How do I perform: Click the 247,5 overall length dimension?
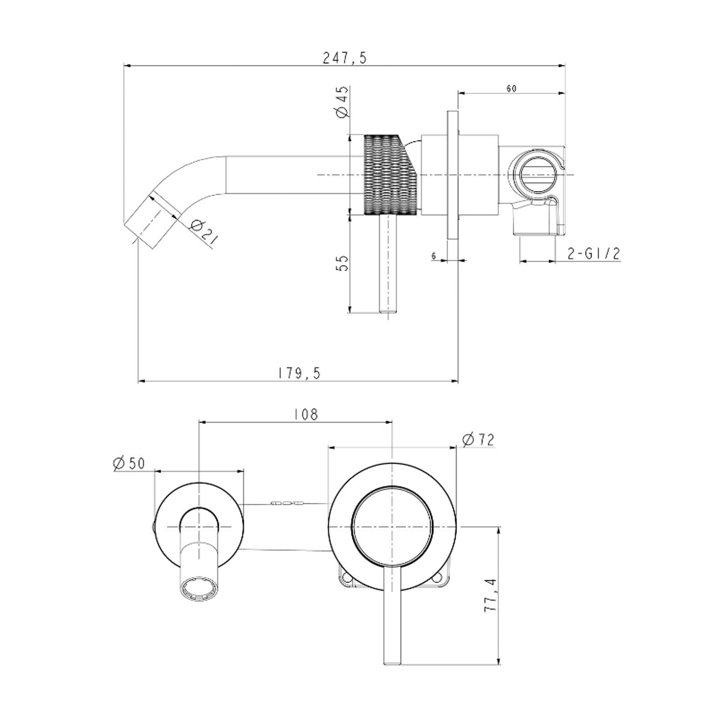tap(345, 58)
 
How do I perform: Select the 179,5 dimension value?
tap(300, 373)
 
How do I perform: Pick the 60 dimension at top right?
tap(511, 88)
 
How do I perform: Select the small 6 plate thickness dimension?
tap(434, 256)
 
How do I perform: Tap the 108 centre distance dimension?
tap(306, 414)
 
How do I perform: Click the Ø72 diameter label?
tap(478, 439)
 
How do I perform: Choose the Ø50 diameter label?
tap(129, 463)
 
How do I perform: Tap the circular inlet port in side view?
tap(538, 174)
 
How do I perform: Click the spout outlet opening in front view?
tap(199, 586)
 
